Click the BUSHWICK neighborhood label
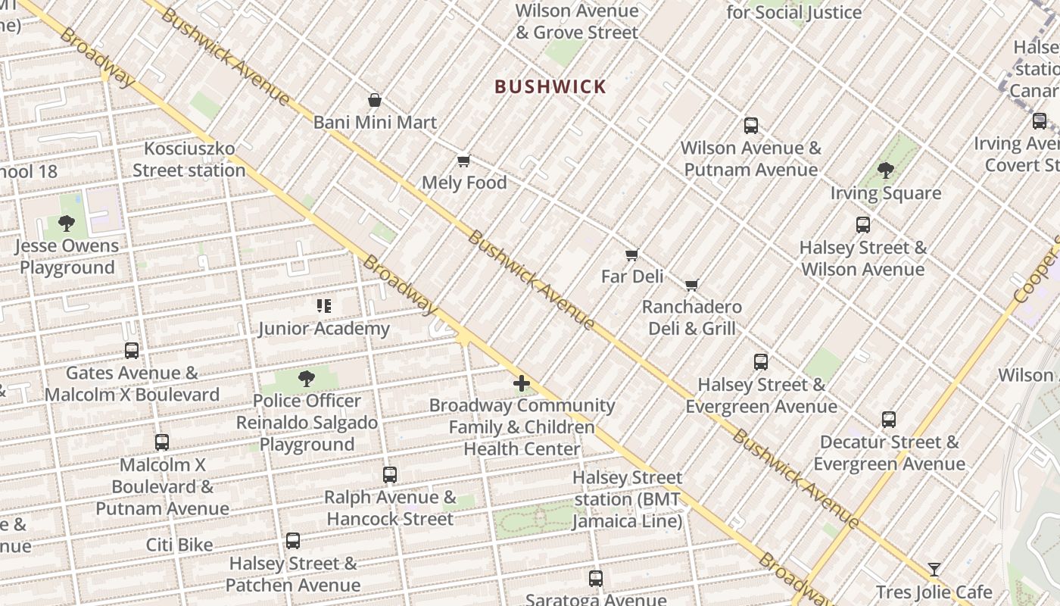click(550, 86)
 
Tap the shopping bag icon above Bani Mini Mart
click(374, 100)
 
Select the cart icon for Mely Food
click(463, 161)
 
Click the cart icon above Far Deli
click(631, 255)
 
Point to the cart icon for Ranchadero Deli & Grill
click(691, 285)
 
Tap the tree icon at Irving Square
click(885, 170)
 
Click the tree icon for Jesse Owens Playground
click(67, 223)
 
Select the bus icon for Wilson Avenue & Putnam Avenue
click(750, 126)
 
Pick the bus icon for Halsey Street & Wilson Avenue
click(863, 225)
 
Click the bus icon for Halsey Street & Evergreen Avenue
click(761, 362)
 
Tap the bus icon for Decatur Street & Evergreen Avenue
click(889, 420)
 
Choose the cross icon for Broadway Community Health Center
click(522, 383)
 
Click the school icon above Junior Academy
click(324, 306)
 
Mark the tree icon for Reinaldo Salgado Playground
click(307, 379)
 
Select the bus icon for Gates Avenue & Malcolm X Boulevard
click(132, 351)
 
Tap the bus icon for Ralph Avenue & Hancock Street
click(390, 475)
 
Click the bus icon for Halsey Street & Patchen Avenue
click(293, 541)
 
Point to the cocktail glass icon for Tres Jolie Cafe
click(934, 570)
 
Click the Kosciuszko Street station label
click(189, 159)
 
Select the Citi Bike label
click(179, 545)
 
